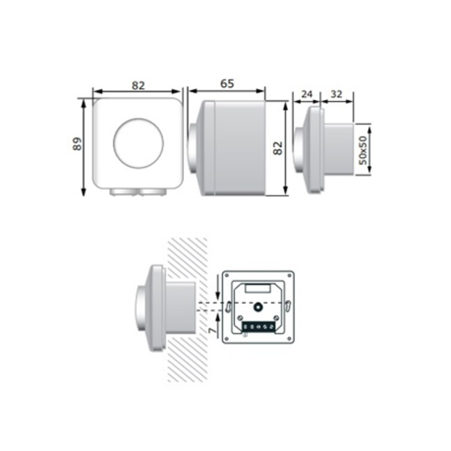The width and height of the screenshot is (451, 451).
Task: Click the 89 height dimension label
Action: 77,144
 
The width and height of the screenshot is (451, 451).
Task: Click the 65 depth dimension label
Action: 226,84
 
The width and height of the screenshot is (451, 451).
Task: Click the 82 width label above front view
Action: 138,85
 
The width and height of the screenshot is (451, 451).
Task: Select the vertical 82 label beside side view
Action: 278,148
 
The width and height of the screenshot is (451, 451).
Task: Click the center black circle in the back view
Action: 257,307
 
